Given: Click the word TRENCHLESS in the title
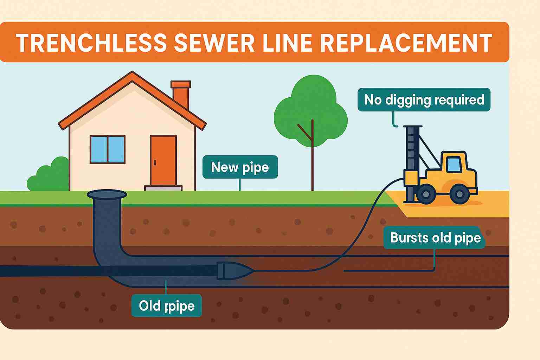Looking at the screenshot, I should click(x=91, y=43).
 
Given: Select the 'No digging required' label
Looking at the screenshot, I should click(x=424, y=100).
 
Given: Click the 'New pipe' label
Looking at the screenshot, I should click(x=240, y=167).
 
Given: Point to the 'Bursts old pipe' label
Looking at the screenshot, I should click(x=435, y=238).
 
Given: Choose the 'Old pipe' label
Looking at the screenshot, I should click(x=166, y=306).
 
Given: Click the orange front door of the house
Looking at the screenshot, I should click(x=163, y=160).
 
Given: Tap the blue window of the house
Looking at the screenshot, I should click(x=108, y=149).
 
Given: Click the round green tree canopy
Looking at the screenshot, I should click(x=310, y=111).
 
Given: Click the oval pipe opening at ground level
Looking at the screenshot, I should click(x=107, y=194).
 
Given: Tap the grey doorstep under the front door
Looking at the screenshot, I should click(x=163, y=188).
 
